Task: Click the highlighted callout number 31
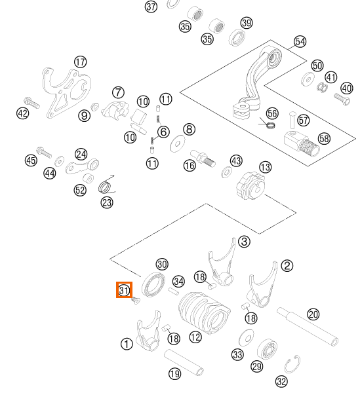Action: click(124, 290)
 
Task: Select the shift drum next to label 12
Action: click(205, 313)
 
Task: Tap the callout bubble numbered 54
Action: click(300, 42)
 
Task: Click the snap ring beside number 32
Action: click(292, 364)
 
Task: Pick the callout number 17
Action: click(81, 62)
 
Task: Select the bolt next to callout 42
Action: click(32, 103)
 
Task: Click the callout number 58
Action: click(324, 139)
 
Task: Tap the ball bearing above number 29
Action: click(267, 349)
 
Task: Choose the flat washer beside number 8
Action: click(178, 144)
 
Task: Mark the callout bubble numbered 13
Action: click(266, 167)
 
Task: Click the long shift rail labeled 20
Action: click(308, 327)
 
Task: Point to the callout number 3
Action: click(244, 242)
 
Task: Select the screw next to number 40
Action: click(342, 100)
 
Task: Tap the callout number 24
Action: click(81, 155)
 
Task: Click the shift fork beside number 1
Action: click(148, 331)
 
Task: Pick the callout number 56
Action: click(272, 113)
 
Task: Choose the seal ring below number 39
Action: click(237, 37)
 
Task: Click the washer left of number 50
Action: click(308, 79)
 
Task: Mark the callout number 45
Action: click(31, 160)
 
